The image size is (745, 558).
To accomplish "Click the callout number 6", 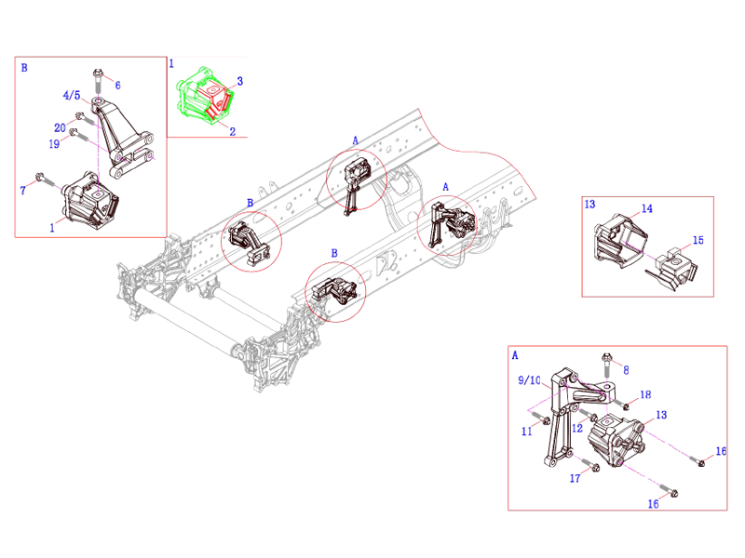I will tap(117, 85).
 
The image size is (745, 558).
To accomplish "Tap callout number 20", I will tap(60, 127).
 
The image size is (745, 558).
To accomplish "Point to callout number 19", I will tap(54, 143).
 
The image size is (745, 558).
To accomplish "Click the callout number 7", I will tap(23, 191).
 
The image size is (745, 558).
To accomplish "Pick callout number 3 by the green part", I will tap(240, 82).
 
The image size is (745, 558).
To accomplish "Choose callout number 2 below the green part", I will tap(232, 131).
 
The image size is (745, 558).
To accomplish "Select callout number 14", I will tap(647, 209).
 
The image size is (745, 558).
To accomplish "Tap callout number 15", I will tap(698, 240).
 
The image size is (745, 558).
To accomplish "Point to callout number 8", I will tap(625, 369).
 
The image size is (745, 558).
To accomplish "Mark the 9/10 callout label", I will tap(529, 380).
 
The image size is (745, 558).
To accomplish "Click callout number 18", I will tap(645, 395).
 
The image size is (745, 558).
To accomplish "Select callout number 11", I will tap(527, 432).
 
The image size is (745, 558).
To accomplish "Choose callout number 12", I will tap(577, 429).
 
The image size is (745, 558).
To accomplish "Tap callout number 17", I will tap(575, 479).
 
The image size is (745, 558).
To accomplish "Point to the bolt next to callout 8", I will tap(607, 359).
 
